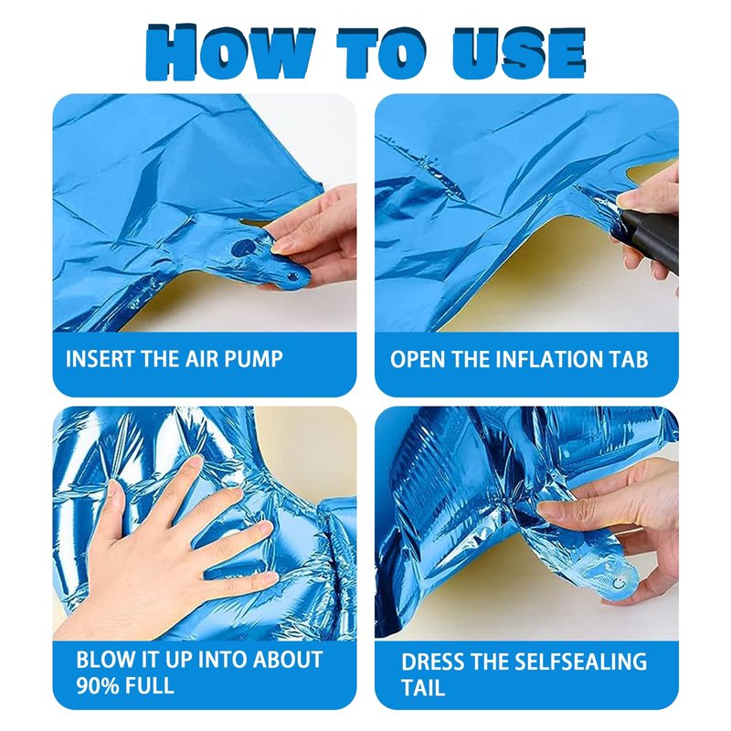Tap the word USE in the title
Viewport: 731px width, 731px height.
(518, 52)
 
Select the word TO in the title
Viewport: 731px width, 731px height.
(382, 52)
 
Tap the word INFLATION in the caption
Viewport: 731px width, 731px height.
(547, 359)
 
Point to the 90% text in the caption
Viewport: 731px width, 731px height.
(97, 685)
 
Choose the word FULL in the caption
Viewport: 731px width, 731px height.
(150, 685)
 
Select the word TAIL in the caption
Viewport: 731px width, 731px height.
(423, 688)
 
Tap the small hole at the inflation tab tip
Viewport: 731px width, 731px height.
(293, 278)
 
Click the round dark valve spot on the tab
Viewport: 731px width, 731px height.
(243, 248)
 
